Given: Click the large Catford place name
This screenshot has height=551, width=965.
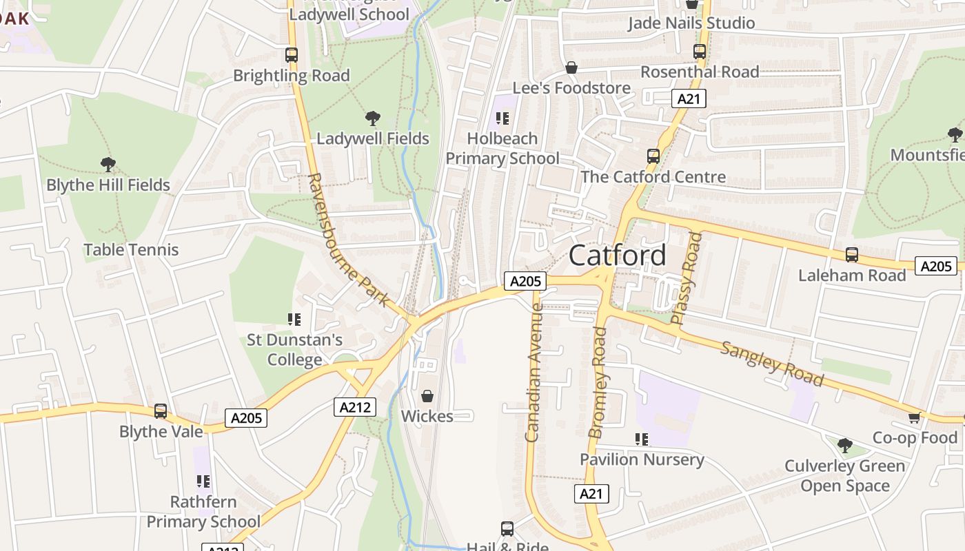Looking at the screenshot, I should pos(618,255).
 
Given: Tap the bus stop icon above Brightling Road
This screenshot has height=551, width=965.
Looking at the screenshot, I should pos(292,55).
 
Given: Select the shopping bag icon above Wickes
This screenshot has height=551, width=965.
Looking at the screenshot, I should pos(427,396).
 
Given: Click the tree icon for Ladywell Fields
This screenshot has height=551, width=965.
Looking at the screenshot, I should pos(373,118).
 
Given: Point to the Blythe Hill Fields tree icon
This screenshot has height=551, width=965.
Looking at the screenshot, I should pos(108,165).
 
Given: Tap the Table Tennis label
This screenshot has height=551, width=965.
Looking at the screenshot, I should pos(131,250).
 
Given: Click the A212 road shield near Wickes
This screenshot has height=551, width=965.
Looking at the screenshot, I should pos(356,407).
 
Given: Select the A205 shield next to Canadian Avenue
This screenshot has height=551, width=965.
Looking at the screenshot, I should pos(525,281).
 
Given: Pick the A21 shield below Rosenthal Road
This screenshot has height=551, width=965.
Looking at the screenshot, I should pos(688,99).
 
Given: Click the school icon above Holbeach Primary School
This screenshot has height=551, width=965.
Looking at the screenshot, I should pos(502,118).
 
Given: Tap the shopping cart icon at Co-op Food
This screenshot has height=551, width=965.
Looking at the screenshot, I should pos(914,417).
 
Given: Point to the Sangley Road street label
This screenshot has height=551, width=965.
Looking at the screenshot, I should pos(772,364).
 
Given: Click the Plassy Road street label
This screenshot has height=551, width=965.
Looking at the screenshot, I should pos(687,278).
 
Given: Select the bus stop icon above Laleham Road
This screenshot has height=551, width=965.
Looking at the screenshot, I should pos(852,255).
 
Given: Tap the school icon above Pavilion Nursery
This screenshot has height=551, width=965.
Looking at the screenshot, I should pos(642,439).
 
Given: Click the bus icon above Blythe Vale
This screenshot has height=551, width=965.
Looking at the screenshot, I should pos(161,411).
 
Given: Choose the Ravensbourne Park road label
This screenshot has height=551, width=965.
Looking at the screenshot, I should pos(348,240).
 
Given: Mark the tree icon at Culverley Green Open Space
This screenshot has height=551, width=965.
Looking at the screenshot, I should pos(844,446).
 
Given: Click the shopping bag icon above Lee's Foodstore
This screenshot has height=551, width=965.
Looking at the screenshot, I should pos(571,67).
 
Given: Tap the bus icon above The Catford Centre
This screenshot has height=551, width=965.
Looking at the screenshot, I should pos(653,156).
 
